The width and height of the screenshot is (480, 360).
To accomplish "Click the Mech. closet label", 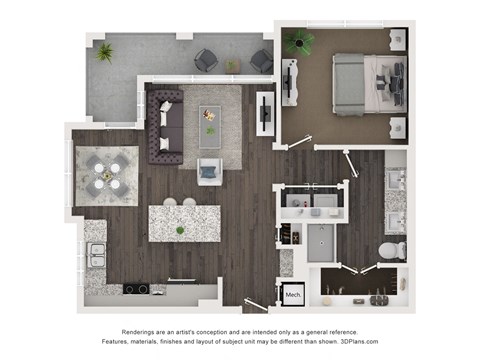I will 294,295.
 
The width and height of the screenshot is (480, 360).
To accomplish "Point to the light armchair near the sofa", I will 210,171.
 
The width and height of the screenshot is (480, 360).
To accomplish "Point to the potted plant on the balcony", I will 104,52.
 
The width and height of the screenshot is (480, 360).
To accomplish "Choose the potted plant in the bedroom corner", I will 298,41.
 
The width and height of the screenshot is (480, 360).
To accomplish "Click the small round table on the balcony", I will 232,66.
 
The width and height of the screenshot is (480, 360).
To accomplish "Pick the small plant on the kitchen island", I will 180,230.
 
